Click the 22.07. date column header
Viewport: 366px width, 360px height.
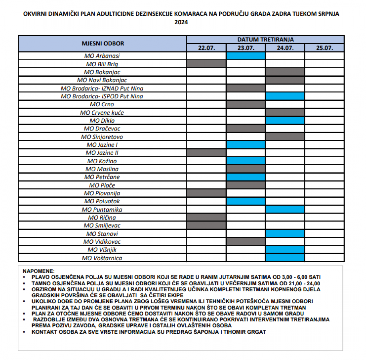click(x=206, y=48)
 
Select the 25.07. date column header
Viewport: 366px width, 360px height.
click(x=325, y=48)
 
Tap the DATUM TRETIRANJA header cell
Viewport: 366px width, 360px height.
click(x=265, y=39)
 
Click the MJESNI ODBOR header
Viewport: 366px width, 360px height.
click(x=103, y=43)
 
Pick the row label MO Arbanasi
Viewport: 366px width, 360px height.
click(x=102, y=56)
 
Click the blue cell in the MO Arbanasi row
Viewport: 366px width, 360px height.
click(x=246, y=56)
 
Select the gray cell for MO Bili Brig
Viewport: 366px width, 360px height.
click(x=206, y=64)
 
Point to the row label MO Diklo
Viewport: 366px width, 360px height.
click(x=102, y=121)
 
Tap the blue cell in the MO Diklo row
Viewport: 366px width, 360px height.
click(x=285, y=121)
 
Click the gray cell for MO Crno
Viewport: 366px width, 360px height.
click(x=246, y=104)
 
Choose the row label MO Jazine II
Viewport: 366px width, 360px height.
click(x=102, y=153)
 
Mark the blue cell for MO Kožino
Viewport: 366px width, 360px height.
click(x=246, y=161)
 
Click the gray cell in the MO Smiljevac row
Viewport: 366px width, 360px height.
click(x=206, y=226)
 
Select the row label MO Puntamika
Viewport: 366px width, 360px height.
click(x=102, y=210)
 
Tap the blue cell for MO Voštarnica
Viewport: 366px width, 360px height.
click(x=285, y=258)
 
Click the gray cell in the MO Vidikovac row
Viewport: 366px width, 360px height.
click(x=246, y=242)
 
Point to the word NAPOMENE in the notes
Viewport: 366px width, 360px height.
click(x=39, y=271)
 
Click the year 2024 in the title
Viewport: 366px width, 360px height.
click(x=181, y=22)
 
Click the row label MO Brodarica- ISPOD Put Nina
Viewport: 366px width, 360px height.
click(x=102, y=96)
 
